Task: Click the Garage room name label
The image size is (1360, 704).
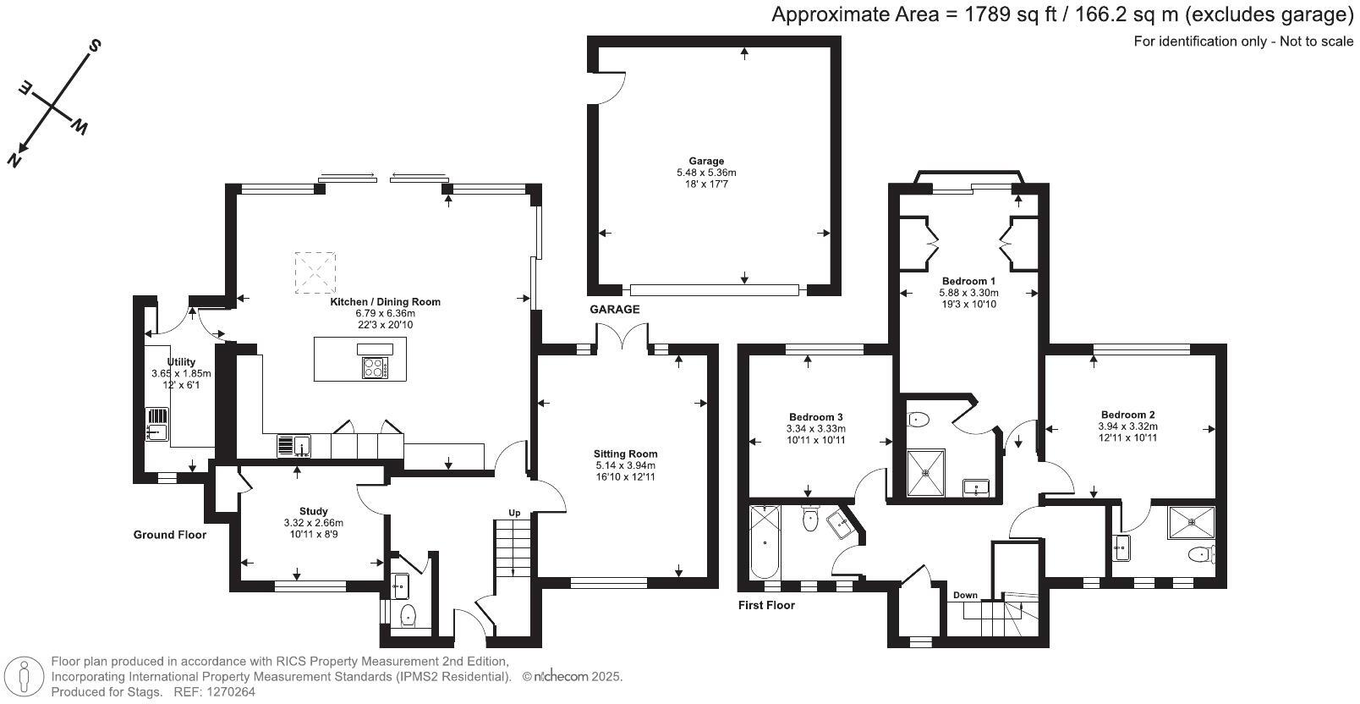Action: pos(706,161)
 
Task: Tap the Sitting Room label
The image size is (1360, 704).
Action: pos(625,454)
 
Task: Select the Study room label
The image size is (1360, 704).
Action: pos(313,511)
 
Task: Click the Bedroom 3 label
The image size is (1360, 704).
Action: pos(815,417)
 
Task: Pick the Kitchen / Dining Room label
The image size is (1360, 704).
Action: pos(385,302)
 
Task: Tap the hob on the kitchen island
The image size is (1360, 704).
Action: pos(375,367)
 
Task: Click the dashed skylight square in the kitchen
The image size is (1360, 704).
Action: pos(315,272)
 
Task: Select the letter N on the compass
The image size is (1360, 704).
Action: pos(14,161)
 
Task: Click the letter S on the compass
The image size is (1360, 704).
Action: pos(96,45)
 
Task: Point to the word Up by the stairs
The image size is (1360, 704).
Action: pos(514,513)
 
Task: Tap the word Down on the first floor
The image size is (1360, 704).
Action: pos(965,595)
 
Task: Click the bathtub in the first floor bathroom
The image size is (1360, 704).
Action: pos(765,542)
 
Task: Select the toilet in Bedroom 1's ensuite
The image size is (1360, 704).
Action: pos(918,419)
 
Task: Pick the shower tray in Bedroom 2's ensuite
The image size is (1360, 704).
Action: pos(1191,522)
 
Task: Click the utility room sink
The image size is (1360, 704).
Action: pos(157,424)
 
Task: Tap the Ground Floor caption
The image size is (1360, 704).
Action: pos(170,535)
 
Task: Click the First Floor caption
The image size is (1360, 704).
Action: pos(766,605)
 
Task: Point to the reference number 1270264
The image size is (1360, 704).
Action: pos(232,692)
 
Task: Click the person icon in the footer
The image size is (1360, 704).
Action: pos(25,675)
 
